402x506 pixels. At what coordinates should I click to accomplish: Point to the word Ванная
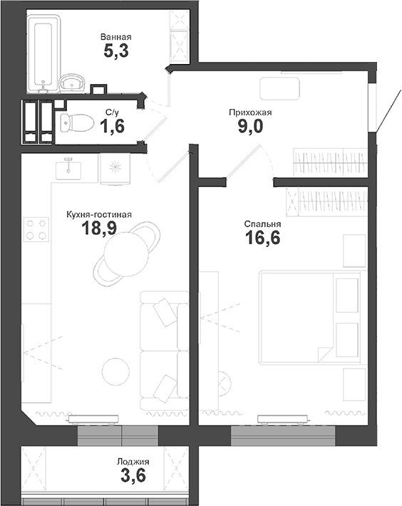click(116, 36)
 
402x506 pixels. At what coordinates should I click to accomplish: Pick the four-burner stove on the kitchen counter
click(36, 229)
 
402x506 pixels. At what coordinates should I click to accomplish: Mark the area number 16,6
click(262, 238)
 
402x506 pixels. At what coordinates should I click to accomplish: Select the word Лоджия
click(134, 461)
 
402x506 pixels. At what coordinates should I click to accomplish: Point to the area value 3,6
click(133, 477)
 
